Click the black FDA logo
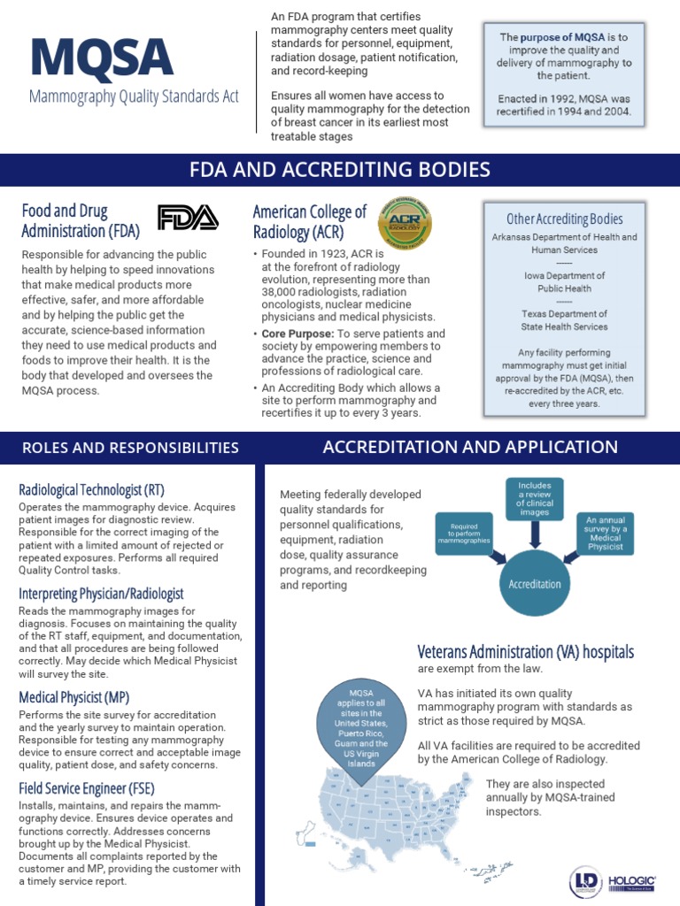(187, 218)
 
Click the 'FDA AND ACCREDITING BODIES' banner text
(339, 170)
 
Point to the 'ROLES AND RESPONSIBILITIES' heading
(129, 448)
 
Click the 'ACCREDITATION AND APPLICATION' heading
(470, 447)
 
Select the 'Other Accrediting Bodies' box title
(564, 219)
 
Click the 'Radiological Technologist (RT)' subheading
(91, 489)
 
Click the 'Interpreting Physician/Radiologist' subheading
(101, 593)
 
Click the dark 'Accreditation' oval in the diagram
(534, 583)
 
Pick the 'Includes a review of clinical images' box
(534, 499)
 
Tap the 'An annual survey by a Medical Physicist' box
(605, 533)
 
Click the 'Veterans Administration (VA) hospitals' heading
(525, 652)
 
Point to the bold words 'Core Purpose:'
(297, 334)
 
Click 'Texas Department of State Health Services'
(564, 320)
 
